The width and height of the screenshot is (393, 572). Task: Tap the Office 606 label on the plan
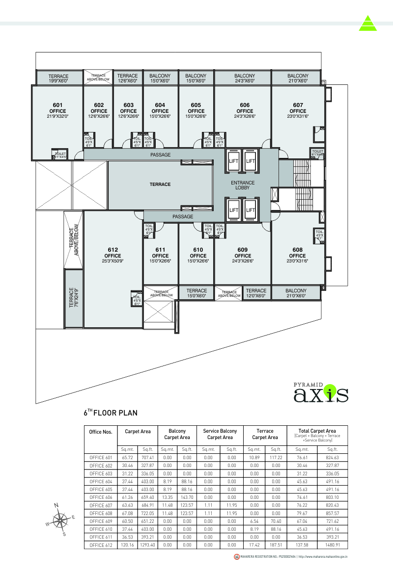click(245, 111)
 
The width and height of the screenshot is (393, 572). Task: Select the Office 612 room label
click(112, 256)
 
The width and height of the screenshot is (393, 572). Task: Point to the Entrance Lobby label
click(243, 185)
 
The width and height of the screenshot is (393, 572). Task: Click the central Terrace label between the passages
click(160, 184)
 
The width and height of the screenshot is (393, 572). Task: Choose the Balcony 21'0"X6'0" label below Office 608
click(296, 293)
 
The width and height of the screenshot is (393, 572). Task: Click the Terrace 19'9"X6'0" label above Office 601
click(58, 78)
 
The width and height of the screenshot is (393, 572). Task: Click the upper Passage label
click(160, 155)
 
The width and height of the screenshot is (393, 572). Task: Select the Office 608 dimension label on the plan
click(297, 261)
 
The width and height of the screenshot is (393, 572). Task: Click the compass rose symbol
click(60, 520)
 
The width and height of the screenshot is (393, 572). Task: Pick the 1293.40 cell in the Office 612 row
click(148, 545)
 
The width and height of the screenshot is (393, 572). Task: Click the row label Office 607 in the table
click(101, 505)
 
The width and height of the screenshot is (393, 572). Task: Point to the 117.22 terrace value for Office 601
click(276, 457)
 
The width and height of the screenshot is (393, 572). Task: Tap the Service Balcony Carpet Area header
click(220, 434)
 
